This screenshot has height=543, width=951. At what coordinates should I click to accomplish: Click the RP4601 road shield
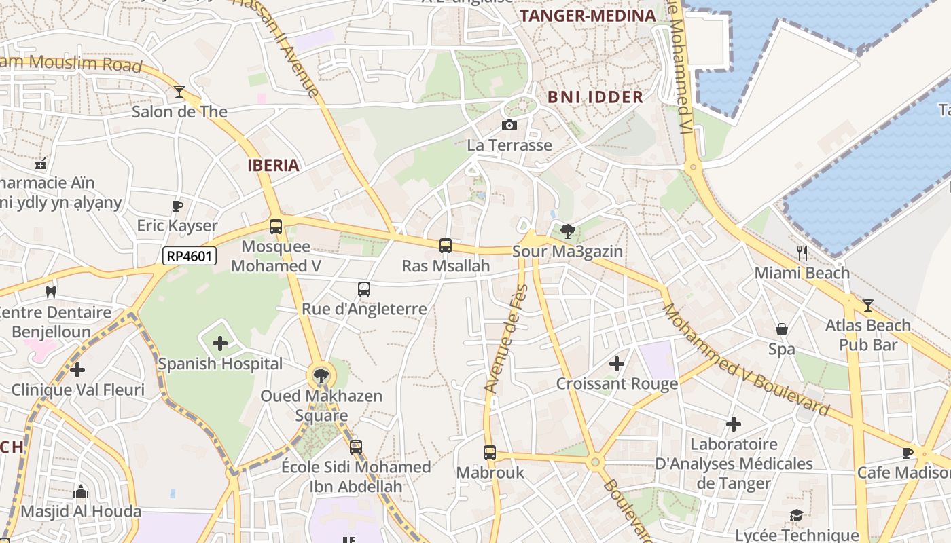tap(190, 256)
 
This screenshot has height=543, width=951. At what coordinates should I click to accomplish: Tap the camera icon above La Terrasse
tap(509, 125)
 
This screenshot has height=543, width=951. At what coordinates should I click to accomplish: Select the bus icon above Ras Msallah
tap(446, 246)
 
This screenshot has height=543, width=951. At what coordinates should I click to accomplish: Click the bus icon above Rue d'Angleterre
tap(364, 289)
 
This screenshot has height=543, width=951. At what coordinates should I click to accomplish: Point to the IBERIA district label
tap(273, 165)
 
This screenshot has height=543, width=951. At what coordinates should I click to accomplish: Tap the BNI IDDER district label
tap(595, 97)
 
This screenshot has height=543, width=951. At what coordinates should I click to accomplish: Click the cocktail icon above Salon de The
tap(179, 92)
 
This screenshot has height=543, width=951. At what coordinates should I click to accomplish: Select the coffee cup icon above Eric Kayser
tap(177, 206)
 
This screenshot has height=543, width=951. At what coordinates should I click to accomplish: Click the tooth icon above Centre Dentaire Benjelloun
tap(50, 293)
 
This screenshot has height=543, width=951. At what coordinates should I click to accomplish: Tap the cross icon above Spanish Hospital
tap(220, 343)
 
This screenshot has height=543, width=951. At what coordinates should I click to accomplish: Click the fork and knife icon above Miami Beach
tap(802, 253)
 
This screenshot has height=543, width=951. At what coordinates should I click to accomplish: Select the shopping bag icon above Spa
tap(782, 329)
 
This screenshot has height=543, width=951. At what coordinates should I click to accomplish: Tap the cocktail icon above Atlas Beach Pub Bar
tap(867, 305)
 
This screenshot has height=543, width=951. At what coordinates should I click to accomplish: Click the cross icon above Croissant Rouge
tap(617, 364)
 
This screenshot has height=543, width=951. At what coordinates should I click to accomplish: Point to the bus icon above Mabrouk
tap(490, 452)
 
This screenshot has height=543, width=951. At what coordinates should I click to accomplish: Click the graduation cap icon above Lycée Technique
tap(795, 516)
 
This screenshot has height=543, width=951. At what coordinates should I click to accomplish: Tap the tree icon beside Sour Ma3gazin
tap(567, 231)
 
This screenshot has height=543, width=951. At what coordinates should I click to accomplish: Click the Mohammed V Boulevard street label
tap(745, 360)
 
